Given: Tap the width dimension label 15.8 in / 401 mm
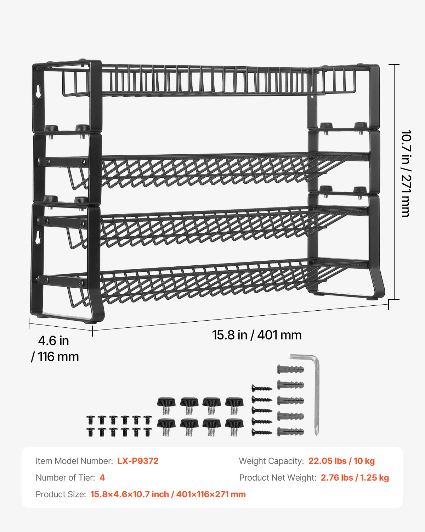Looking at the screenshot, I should (x=256, y=335).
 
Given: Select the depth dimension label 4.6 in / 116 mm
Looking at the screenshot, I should (x=55, y=349).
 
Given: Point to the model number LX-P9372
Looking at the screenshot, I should (x=138, y=461).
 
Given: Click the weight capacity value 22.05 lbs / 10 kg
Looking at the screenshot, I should (x=341, y=461).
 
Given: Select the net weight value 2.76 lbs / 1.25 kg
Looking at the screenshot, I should (x=355, y=478).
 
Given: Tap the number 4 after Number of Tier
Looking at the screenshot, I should (x=102, y=478).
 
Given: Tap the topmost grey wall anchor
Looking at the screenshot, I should (x=290, y=370).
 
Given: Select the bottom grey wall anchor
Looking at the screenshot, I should (x=290, y=432).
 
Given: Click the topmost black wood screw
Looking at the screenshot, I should (x=262, y=388).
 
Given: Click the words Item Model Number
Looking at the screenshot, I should (x=74, y=461).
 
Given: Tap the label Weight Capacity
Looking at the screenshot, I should (x=271, y=461).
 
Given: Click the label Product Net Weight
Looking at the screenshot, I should (x=278, y=478).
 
